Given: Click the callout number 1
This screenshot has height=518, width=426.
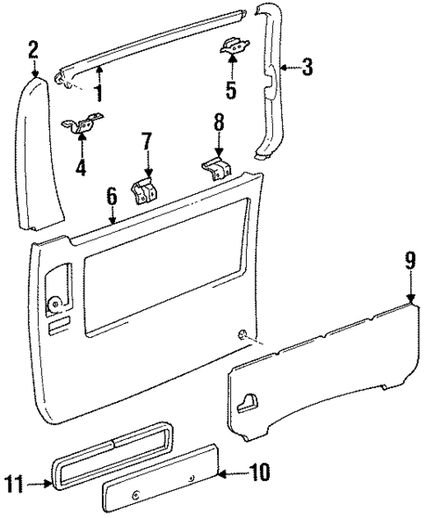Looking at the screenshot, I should tap(98, 92).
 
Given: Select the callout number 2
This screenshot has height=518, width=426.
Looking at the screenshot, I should tap(32, 49).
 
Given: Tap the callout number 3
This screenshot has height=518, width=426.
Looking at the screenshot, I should tap(306, 68).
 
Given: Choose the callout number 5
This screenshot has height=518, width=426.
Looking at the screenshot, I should tap(231, 89).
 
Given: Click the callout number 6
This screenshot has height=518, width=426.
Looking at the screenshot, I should tap(112, 197).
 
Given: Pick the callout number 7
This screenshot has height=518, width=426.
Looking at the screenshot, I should tap(147, 140).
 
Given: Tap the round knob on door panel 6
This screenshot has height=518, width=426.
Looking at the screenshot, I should tap(55, 306).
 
